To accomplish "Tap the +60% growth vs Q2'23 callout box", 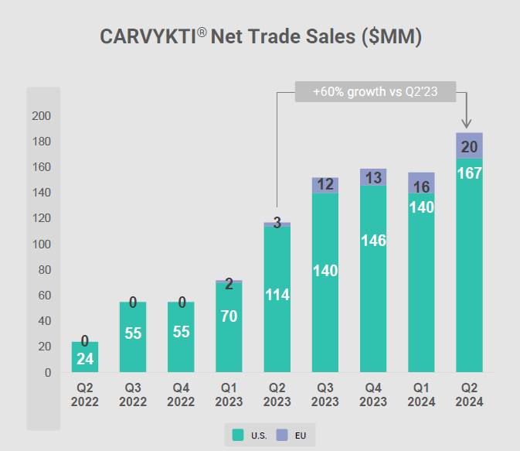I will (x=376, y=91).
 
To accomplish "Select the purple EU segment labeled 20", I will (x=469, y=145).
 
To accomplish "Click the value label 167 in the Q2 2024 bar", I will (x=469, y=173).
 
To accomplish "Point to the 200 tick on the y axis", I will (x=40, y=116).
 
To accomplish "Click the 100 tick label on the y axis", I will (x=40, y=244).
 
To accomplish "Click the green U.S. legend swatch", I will (x=239, y=436).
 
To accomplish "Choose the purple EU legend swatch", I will (x=282, y=436).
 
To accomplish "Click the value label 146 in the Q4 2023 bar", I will (x=373, y=241).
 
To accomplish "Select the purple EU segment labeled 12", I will (x=325, y=185).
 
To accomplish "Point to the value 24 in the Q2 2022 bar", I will (x=85, y=359).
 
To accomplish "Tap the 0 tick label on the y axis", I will (x=46, y=373).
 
